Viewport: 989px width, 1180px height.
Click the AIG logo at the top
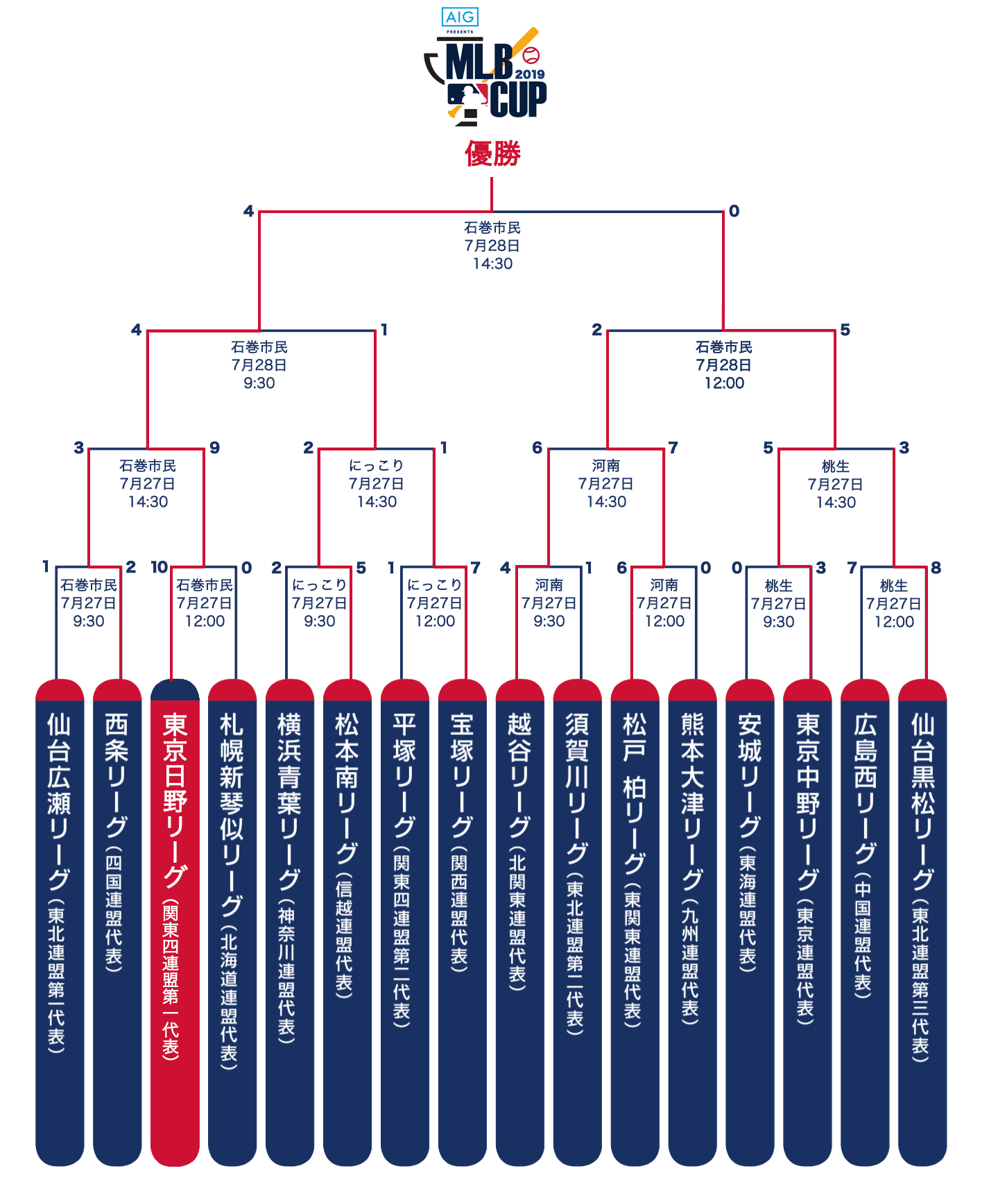(x=460, y=17)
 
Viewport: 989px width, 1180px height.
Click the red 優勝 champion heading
(x=492, y=153)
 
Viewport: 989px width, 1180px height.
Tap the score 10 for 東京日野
(x=160, y=567)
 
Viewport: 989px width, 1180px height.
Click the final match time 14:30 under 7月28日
(x=492, y=264)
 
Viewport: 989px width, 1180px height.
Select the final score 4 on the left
(x=248, y=211)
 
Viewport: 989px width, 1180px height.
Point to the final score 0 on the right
(x=734, y=211)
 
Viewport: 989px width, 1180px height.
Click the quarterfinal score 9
(x=215, y=448)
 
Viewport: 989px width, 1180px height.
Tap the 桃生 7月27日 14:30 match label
(x=836, y=484)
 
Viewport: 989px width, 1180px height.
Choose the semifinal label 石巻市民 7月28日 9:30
(x=259, y=364)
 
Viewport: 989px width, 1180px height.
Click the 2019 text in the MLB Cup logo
(x=530, y=74)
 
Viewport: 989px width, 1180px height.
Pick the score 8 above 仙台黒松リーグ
(x=936, y=568)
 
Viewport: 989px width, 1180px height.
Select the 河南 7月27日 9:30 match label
(x=549, y=603)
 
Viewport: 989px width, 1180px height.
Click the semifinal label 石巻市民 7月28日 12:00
(x=724, y=364)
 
